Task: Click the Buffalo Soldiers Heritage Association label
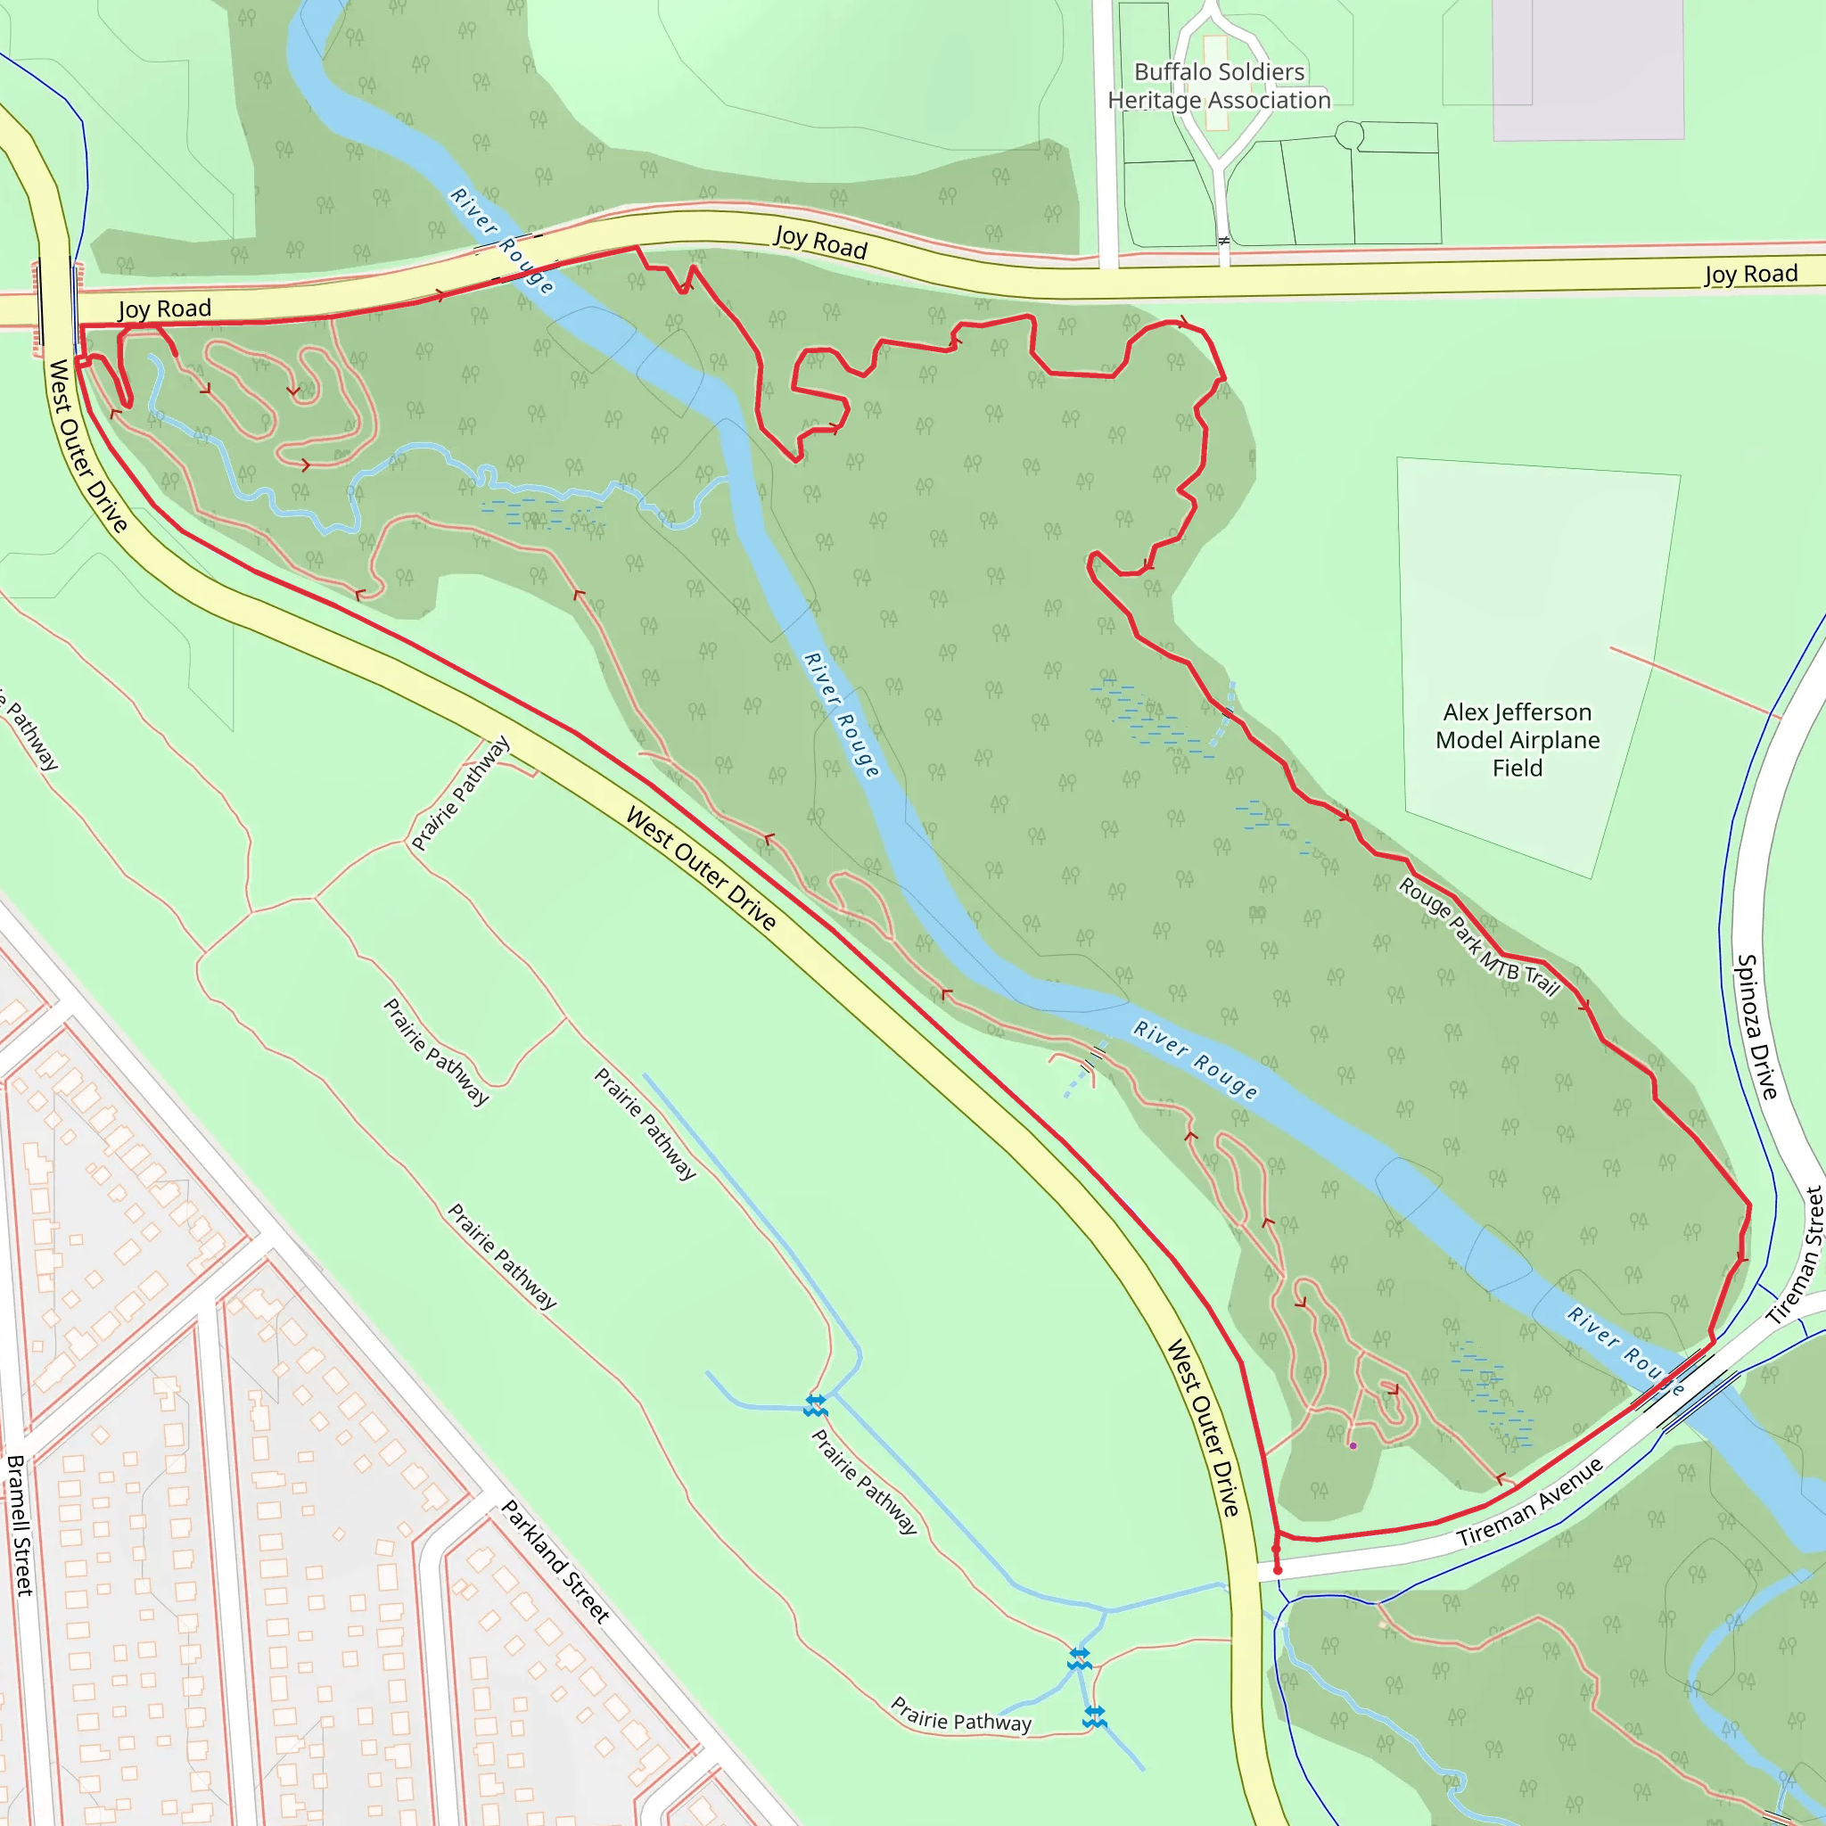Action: pyautogui.click(x=1219, y=86)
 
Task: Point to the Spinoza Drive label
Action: pyautogui.click(x=1758, y=1026)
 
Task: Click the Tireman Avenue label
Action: pyautogui.click(x=1530, y=1501)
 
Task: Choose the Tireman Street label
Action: pyautogui.click(x=1796, y=1254)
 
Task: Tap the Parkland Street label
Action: pyautogui.click(x=555, y=1561)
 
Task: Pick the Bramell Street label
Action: pyautogui.click(x=19, y=1526)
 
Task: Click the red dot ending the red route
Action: pyautogui.click(x=1278, y=1570)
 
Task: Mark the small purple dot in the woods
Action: pyautogui.click(x=1353, y=1446)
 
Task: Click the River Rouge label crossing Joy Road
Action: pyautogui.click(x=502, y=240)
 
